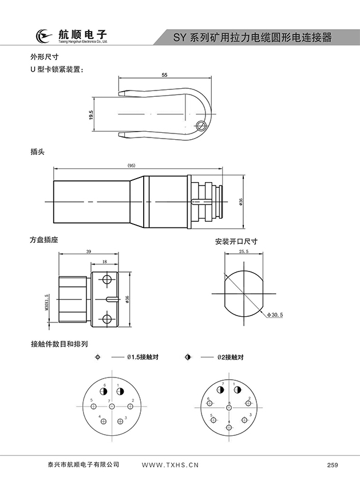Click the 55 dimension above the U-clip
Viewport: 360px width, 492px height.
(x=164, y=75)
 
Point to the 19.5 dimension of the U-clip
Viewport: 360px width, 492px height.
(x=91, y=115)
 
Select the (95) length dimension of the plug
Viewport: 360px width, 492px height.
(x=131, y=166)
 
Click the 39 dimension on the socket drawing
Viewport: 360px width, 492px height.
(x=88, y=251)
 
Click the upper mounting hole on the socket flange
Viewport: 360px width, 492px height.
(x=106, y=279)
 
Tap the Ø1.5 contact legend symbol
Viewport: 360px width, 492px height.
(x=98, y=357)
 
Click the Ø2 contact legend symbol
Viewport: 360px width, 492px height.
(x=188, y=357)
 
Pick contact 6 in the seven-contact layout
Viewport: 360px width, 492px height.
(x=104, y=392)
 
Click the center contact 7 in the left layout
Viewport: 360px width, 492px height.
(x=112, y=407)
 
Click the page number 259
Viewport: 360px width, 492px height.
(x=333, y=465)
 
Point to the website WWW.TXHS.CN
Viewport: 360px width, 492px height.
(x=169, y=465)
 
